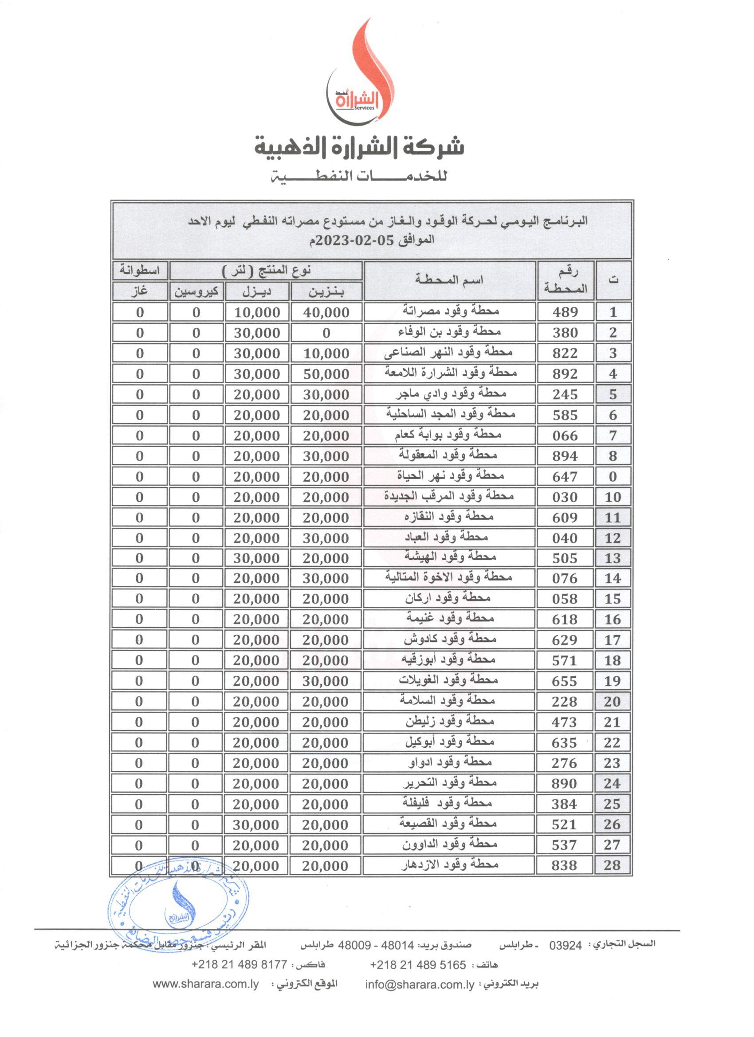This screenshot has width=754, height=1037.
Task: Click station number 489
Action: tap(565, 312)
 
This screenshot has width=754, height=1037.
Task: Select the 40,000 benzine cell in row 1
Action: tap(326, 312)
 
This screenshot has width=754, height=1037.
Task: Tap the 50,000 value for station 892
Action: tap(326, 374)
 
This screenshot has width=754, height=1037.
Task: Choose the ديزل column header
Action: tap(256, 292)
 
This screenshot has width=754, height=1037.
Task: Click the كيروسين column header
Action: tap(196, 292)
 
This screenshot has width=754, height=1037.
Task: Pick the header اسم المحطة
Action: tap(449, 280)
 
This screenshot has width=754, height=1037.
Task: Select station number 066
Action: tap(565, 435)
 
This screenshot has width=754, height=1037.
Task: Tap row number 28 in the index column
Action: tap(612, 865)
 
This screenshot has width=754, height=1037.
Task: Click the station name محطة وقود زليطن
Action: tap(449, 721)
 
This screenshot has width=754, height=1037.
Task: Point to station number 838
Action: tap(565, 865)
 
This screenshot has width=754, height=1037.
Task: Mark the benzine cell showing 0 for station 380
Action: tap(326, 333)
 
